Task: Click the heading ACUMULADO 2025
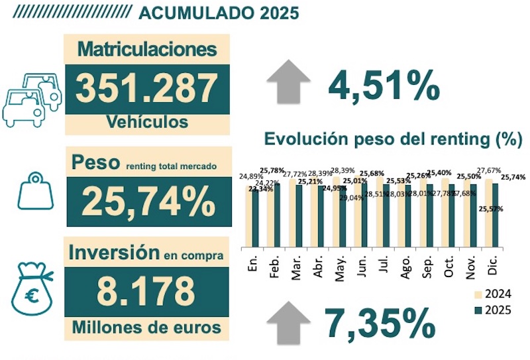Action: (219, 13)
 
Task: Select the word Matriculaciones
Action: (147, 49)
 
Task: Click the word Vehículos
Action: (147, 122)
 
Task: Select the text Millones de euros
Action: (147, 327)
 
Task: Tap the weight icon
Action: (34, 193)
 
